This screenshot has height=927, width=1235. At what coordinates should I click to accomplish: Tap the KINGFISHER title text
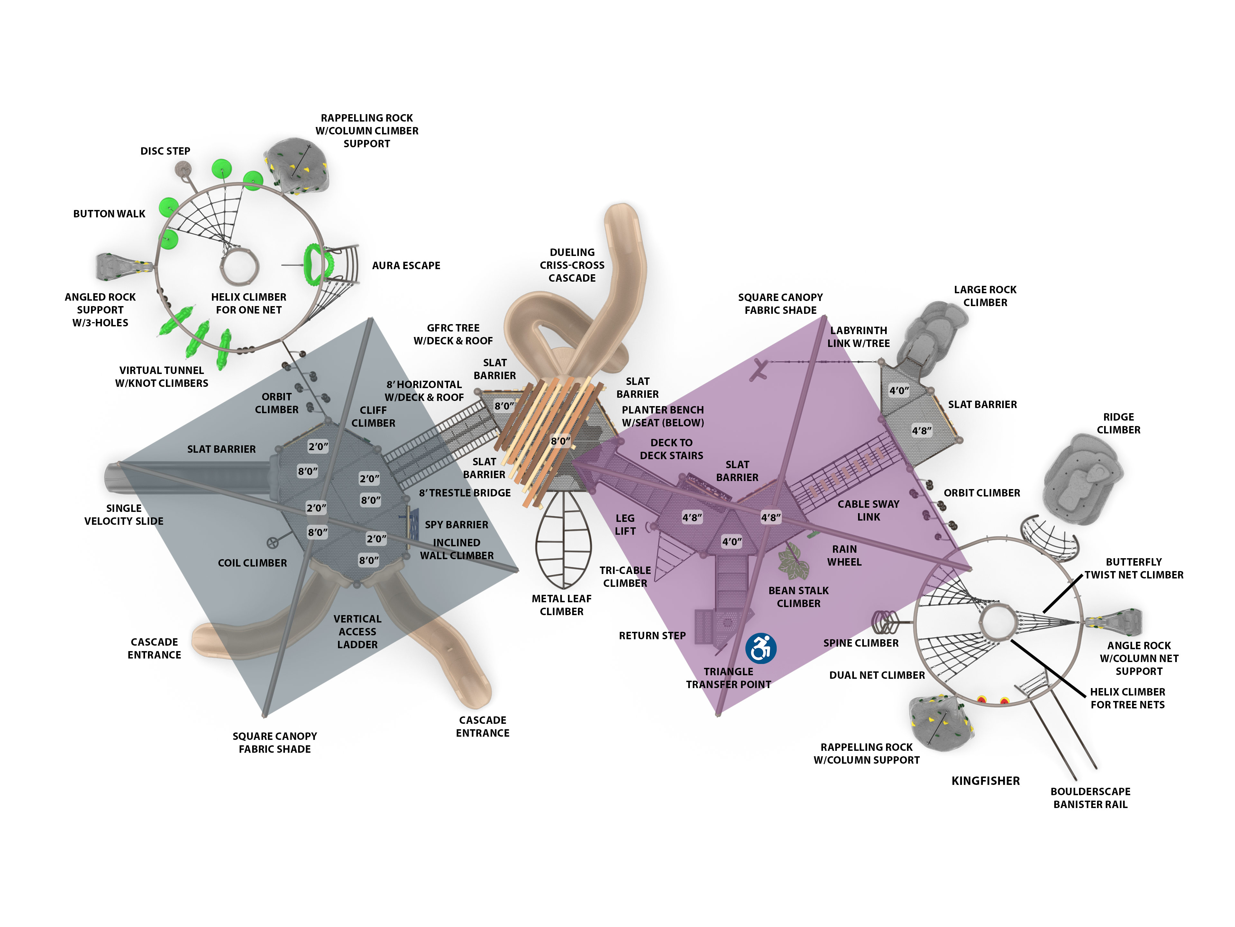point(985,781)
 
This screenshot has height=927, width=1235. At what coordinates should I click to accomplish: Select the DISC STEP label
point(165,151)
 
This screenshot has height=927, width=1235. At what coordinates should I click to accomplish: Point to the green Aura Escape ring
point(314,265)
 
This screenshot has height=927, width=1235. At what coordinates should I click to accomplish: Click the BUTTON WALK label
point(109,214)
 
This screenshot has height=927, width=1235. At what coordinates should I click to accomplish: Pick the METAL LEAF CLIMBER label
point(561,605)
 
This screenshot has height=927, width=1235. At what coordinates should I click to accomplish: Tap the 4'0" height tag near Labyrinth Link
point(899,391)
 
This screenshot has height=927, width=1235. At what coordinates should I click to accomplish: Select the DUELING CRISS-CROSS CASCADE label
point(572,265)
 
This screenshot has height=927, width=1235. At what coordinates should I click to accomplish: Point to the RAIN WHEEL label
point(844,555)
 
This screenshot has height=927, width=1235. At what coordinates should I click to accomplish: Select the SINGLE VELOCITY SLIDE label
point(124,514)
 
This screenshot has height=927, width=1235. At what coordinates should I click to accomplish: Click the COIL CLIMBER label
point(252,563)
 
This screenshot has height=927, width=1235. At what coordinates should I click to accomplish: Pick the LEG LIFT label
point(625,525)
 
